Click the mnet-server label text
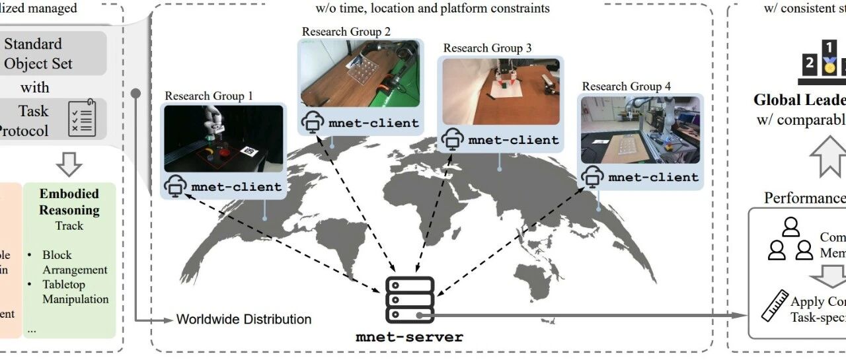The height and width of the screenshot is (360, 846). point(410,337)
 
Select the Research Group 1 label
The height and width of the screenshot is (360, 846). point(209,96)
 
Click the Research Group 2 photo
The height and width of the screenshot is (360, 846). point(360,73)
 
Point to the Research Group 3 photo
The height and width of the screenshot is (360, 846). point(500,91)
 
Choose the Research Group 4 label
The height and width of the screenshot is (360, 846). point(626,87)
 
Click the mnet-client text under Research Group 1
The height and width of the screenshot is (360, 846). point(237,187)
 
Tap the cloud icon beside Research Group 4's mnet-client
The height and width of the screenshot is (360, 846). point(592,176)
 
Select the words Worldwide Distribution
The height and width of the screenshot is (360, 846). point(243,320)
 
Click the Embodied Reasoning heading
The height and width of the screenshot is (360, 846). point(69,202)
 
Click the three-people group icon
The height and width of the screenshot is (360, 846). point(790,238)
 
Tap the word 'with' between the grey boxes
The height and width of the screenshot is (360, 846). point(34,87)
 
